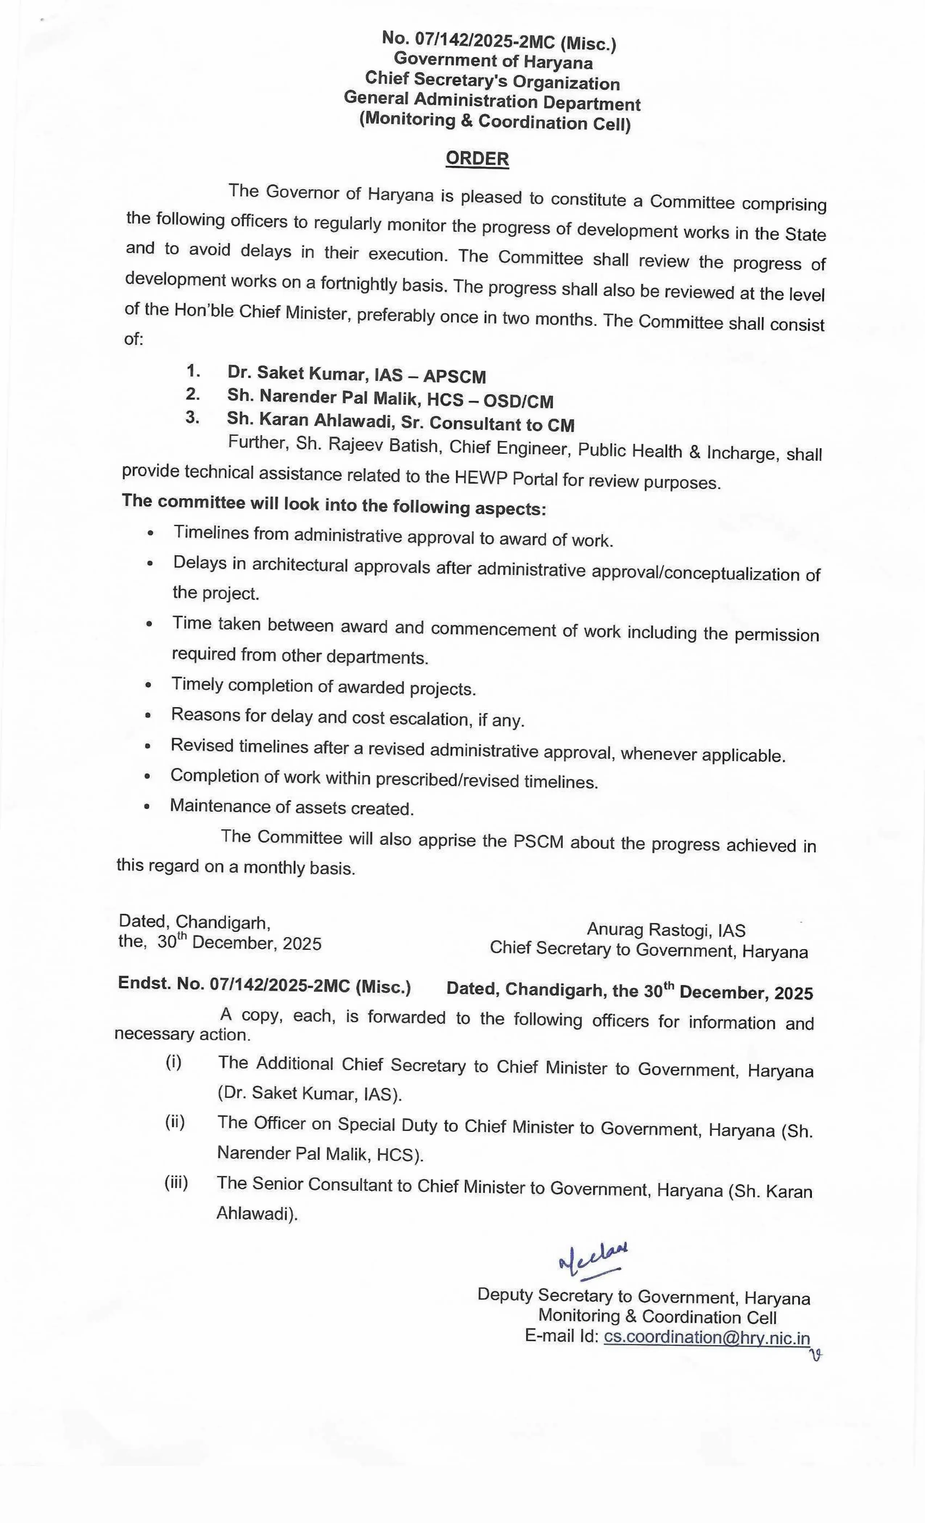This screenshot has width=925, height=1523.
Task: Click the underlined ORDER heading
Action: point(477,159)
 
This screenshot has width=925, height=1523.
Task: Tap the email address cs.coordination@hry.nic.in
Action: point(707,1338)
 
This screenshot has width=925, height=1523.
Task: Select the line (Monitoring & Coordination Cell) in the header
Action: point(495,121)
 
